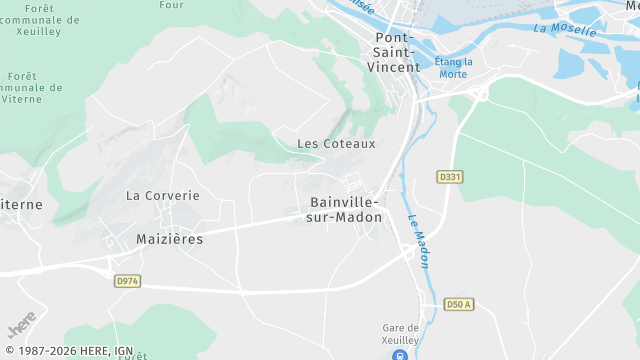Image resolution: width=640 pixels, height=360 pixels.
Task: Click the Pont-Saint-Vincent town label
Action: (x=399, y=50)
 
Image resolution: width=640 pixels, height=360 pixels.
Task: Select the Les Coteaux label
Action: (x=336, y=144)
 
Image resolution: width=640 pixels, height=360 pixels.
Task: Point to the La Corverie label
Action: (x=163, y=196)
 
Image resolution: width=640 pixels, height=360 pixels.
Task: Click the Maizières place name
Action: (x=170, y=239)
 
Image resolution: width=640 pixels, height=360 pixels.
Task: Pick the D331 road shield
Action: (x=450, y=177)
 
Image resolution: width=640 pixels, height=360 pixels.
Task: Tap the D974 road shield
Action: (x=127, y=281)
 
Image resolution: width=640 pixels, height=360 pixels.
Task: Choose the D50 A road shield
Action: (x=457, y=304)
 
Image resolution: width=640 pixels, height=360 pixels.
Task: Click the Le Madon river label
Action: (x=418, y=241)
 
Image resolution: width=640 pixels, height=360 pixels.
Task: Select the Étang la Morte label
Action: (x=453, y=67)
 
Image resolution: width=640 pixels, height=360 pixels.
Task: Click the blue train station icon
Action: (x=400, y=354)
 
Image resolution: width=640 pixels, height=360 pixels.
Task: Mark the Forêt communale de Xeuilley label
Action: (x=42, y=20)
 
